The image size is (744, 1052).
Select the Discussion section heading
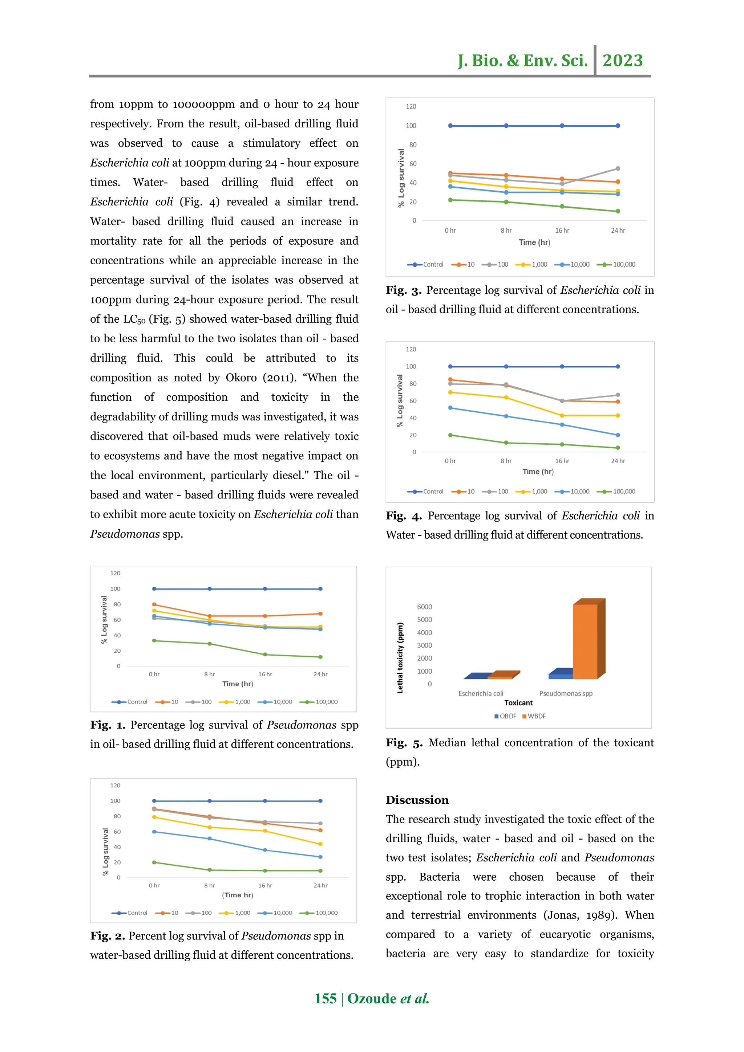(417, 800)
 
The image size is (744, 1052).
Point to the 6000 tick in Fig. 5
(424, 607)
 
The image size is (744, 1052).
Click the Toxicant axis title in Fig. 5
(518, 703)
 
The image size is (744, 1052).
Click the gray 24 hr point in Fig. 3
(618, 168)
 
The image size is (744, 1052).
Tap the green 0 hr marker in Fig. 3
(450, 200)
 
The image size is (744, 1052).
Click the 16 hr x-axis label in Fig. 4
(562, 461)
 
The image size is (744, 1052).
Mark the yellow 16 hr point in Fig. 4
(562, 416)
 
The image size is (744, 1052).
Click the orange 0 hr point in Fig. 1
(154, 604)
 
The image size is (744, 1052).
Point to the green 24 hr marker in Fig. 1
(320, 657)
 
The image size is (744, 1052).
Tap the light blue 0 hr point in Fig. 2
(154, 832)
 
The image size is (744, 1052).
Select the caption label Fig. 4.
(403, 516)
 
